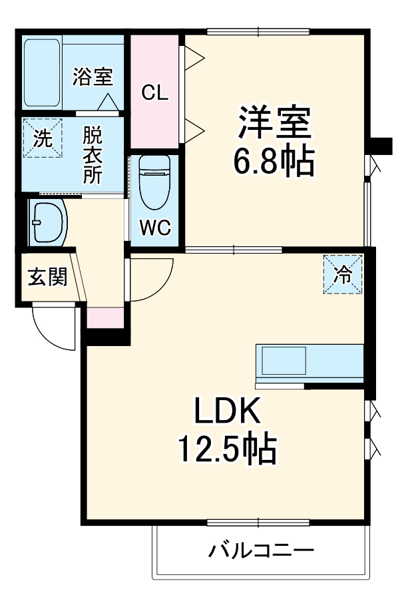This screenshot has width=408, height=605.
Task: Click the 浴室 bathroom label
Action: click(92, 77)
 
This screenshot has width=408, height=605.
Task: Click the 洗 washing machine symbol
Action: click(41, 138)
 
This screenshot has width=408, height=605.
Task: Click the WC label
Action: click(154, 228)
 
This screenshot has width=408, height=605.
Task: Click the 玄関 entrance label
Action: click(47, 277)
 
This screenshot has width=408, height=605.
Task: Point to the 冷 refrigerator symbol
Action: click(343, 274)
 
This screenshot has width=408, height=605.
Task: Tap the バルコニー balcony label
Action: click(261, 551)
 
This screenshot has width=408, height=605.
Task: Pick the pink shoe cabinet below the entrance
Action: click(105, 317)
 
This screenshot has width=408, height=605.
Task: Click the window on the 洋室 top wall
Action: click(258, 31)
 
